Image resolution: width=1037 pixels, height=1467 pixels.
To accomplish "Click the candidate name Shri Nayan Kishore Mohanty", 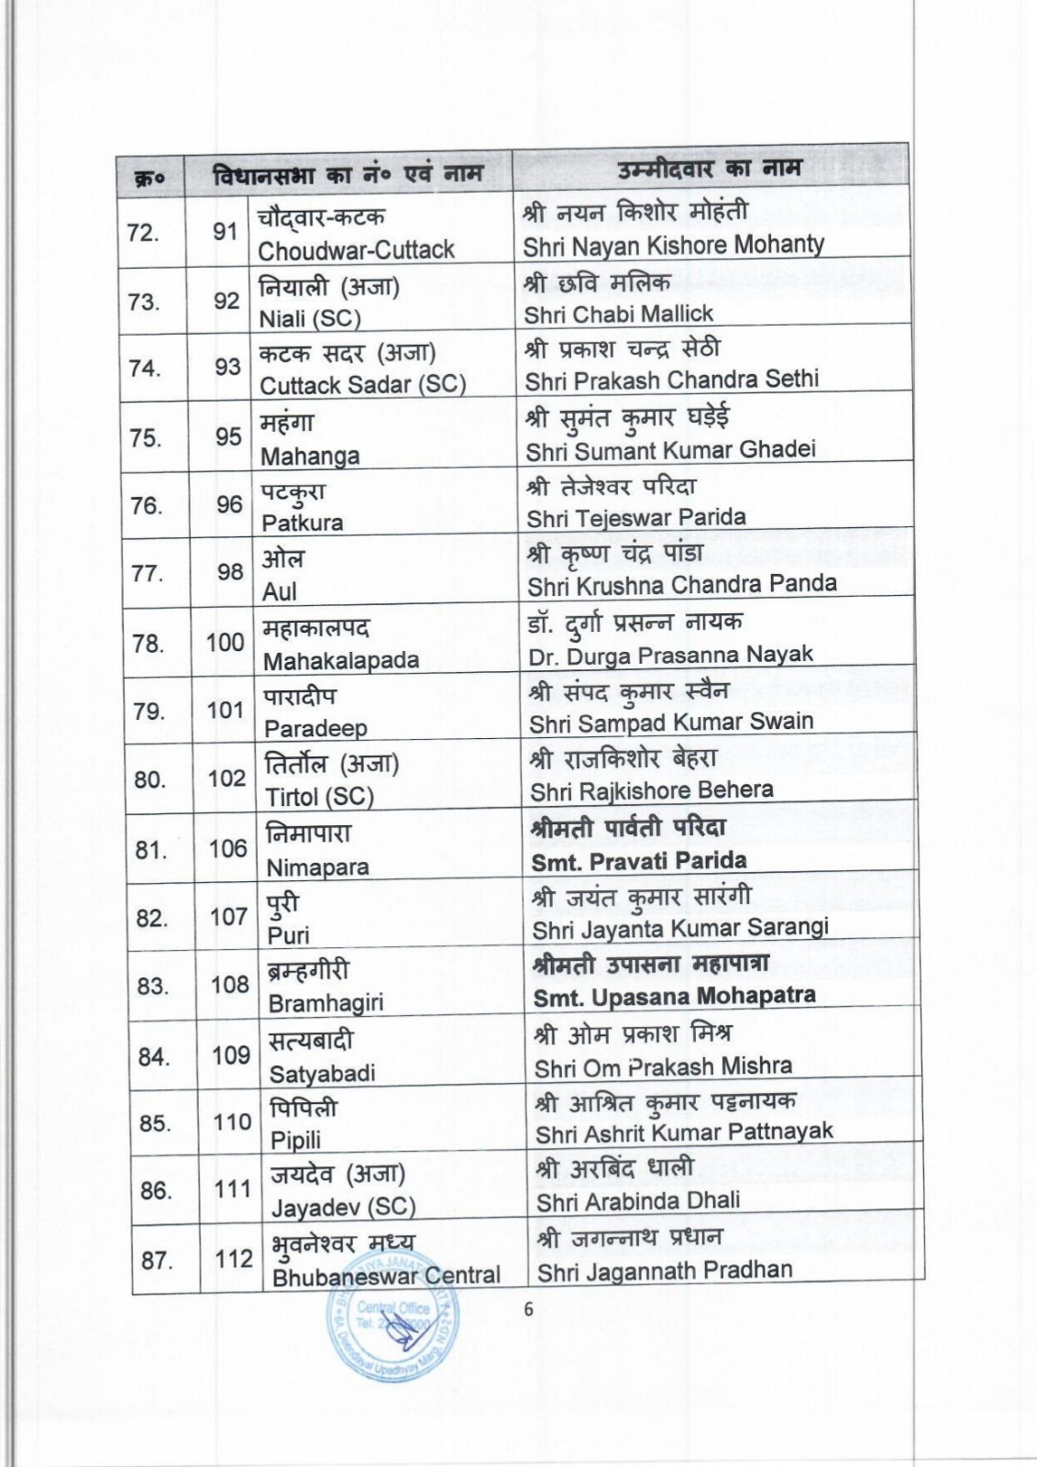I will pos(673,246).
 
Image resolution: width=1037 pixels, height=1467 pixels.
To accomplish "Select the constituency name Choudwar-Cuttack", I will pos(356,250).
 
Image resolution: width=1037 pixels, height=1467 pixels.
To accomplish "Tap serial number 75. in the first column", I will pos(146,438).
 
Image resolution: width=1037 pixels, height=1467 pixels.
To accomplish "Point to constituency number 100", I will pos(225,642).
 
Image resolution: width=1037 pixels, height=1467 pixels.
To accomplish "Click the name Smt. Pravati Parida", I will pos(639,861).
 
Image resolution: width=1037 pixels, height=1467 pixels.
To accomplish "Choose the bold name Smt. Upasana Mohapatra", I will pos(674,996).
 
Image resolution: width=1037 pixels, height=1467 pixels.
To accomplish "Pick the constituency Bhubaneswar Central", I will pos(386,1275).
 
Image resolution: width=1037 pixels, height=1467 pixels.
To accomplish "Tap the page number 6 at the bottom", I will pos(528,1309).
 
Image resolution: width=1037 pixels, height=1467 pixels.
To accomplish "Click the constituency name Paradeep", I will pos(315,729).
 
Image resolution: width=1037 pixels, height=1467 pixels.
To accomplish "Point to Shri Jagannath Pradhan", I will pos(665,1271).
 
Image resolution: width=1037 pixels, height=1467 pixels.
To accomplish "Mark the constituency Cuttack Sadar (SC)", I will pos(363,385).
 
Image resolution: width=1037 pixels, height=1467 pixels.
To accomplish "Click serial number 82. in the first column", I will pos(151,918).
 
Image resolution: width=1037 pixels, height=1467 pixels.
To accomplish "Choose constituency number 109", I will pos(231,1055).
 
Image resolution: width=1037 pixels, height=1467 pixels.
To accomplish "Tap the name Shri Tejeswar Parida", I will pos(636,518).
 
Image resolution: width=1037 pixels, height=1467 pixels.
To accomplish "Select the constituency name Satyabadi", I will pos(322,1074).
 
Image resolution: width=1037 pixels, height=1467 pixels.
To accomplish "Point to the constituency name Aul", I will pos(279,592).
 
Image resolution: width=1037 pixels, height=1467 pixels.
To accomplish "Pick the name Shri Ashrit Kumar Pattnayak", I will pos(684,1133).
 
